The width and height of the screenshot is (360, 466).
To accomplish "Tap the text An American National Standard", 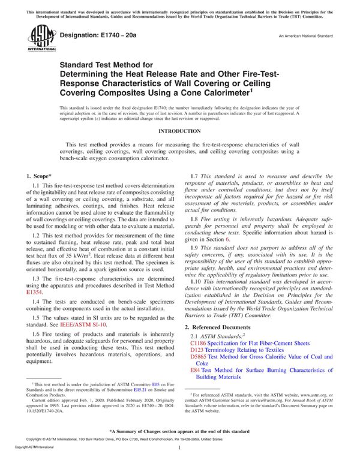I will [304, 37].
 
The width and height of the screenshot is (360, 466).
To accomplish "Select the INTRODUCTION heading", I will [179, 131].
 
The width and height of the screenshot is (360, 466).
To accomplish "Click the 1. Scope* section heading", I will [41, 176].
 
